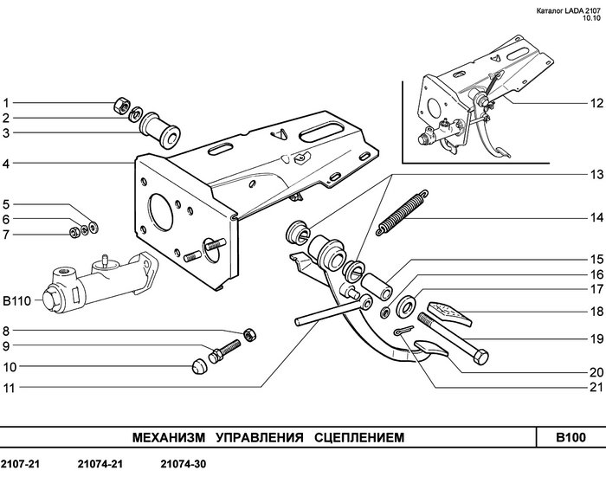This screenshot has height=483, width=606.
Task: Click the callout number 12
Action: (596, 103)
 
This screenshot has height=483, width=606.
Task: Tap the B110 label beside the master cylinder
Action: (17, 301)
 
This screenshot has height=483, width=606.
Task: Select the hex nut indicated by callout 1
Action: (121, 105)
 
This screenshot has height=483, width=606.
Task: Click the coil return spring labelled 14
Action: (402, 213)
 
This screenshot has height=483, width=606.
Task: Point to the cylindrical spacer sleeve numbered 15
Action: (377, 287)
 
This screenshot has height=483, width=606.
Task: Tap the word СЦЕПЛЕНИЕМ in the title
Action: (359, 437)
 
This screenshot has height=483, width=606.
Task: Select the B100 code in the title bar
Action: (571, 437)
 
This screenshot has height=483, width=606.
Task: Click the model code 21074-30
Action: (184, 464)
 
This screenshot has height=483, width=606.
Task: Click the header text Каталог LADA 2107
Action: (569, 11)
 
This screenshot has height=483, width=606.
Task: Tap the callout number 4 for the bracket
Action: (5, 164)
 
